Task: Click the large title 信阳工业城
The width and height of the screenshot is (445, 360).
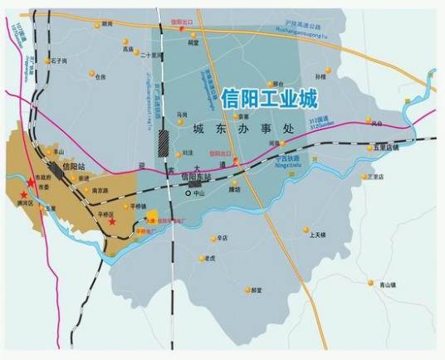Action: (x=270, y=100)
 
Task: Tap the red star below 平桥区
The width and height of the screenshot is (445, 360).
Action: (x=110, y=222)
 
